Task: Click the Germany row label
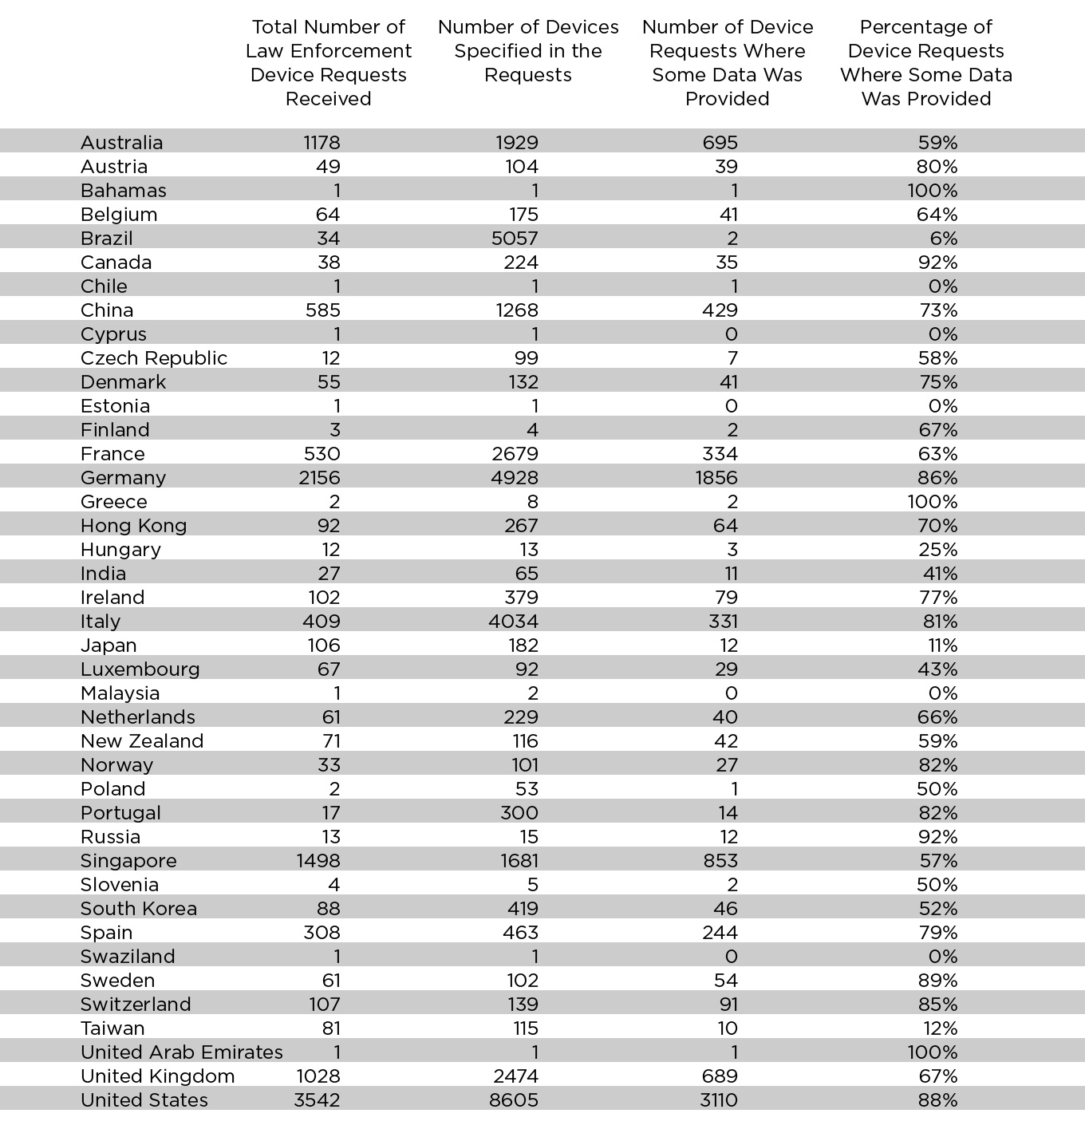(x=123, y=478)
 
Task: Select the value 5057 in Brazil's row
(x=517, y=239)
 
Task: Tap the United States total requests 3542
(x=317, y=1100)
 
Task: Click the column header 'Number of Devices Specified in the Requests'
(x=528, y=51)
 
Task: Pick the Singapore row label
(x=128, y=861)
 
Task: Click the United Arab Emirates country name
(x=181, y=1052)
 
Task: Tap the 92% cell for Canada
(x=938, y=263)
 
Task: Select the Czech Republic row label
(x=154, y=358)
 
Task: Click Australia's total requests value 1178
(x=322, y=143)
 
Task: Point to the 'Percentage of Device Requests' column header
(x=926, y=63)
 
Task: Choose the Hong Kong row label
(x=133, y=526)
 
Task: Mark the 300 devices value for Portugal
(x=520, y=813)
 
